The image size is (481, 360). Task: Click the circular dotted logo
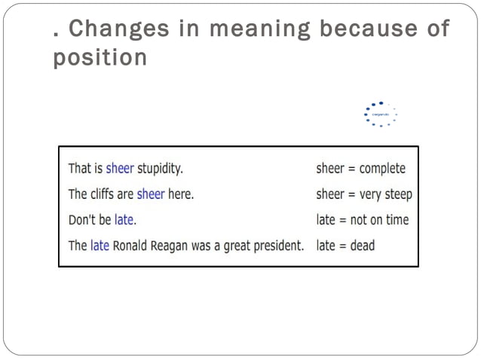[380, 114]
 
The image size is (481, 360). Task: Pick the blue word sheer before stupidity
[120, 168]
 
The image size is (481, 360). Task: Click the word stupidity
[160, 168]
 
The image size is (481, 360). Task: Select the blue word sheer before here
[151, 194]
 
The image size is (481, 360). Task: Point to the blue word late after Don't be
[125, 220]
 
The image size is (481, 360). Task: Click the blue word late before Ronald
[100, 246]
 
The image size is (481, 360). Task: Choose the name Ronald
[133, 246]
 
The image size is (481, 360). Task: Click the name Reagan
[175, 246]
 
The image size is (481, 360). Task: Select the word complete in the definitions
[381, 168]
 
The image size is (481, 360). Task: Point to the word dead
[362, 246]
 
